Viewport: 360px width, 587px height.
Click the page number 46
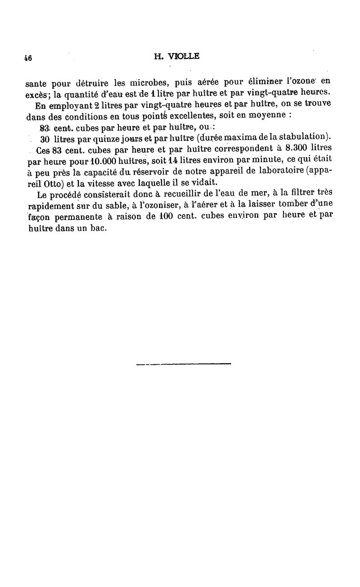point(28,58)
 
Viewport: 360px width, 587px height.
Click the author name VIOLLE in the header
point(182,57)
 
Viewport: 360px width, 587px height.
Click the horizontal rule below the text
point(183,363)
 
